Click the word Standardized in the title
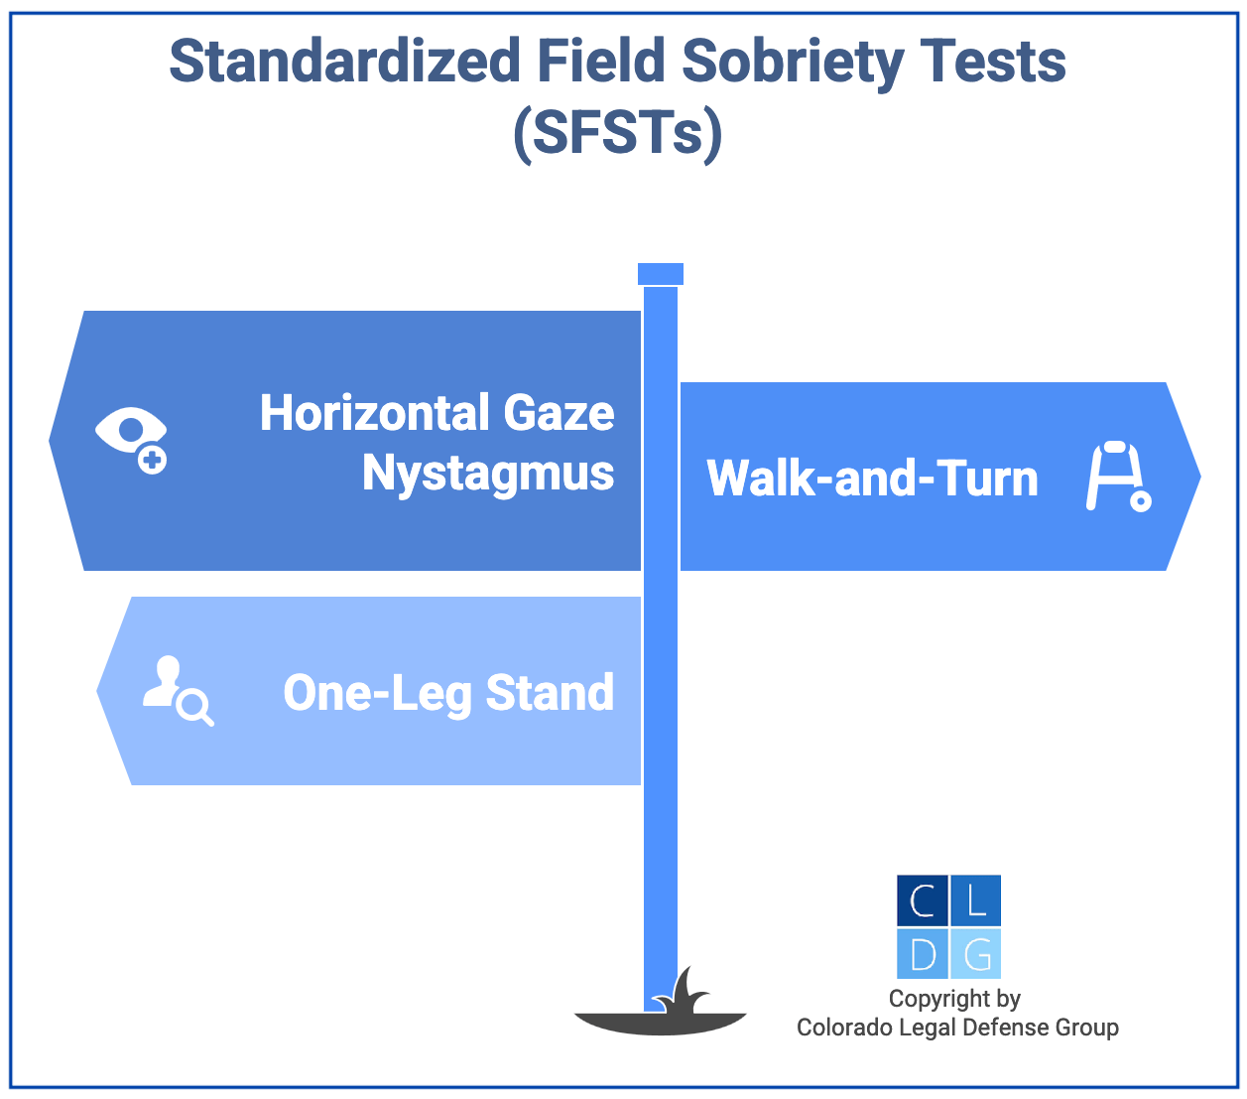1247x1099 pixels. point(344,62)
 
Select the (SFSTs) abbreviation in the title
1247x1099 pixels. point(617,134)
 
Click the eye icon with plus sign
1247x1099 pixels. point(132,437)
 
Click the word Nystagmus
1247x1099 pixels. point(488,473)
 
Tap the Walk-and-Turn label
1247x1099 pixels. point(872,479)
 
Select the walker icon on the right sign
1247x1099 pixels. point(1117,477)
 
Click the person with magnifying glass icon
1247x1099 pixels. point(177,690)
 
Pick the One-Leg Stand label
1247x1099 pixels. point(448,693)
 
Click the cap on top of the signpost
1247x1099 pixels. point(661,274)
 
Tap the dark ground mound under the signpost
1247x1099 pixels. point(660,1023)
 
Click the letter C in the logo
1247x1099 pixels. point(923,901)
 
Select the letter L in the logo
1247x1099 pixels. point(976,901)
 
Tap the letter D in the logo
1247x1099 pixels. point(923,954)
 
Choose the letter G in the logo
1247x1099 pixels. point(976,954)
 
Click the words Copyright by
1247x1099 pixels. point(954,999)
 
